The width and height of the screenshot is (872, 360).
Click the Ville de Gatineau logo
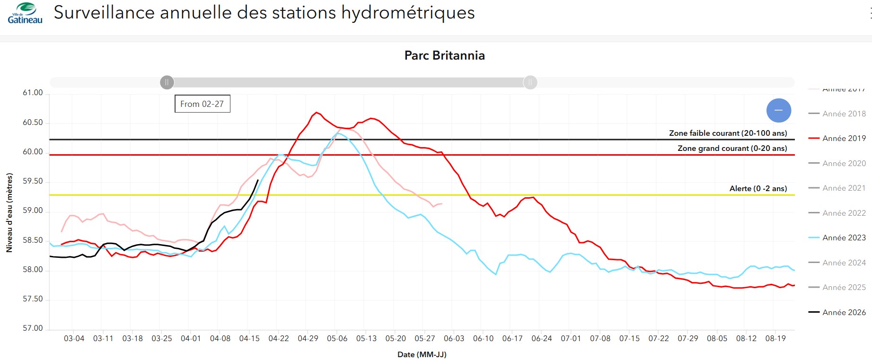click(25, 13)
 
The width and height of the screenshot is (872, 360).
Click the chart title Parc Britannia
click(444, 55)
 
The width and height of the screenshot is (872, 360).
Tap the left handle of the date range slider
click(167, 82)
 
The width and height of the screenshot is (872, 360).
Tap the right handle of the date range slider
click(530, 82)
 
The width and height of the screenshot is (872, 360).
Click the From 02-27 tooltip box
click(203, 104)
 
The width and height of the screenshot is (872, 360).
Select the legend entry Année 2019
click(844, 138)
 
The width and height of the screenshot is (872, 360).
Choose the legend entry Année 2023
click(844, 237)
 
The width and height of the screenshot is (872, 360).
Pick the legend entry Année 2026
click(844, 312)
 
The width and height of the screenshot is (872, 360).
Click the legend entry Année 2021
click(844, 188)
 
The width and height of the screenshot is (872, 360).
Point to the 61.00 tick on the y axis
click(33, 93)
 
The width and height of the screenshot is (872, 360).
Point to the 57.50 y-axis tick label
click(33, 299)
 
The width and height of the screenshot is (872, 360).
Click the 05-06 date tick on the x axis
click(337, 339)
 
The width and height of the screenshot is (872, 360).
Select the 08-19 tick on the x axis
click(775, 339)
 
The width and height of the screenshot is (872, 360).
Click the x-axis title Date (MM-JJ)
click(422, 354)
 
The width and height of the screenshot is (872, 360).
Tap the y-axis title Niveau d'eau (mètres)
click(9, 212)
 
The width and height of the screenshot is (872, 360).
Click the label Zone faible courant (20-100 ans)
click(728, 133)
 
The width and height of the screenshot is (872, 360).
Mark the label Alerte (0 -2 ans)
click(758, 189)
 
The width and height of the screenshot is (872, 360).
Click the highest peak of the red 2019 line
click(317, 113)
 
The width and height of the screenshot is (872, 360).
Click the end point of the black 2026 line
click(258, 180)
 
